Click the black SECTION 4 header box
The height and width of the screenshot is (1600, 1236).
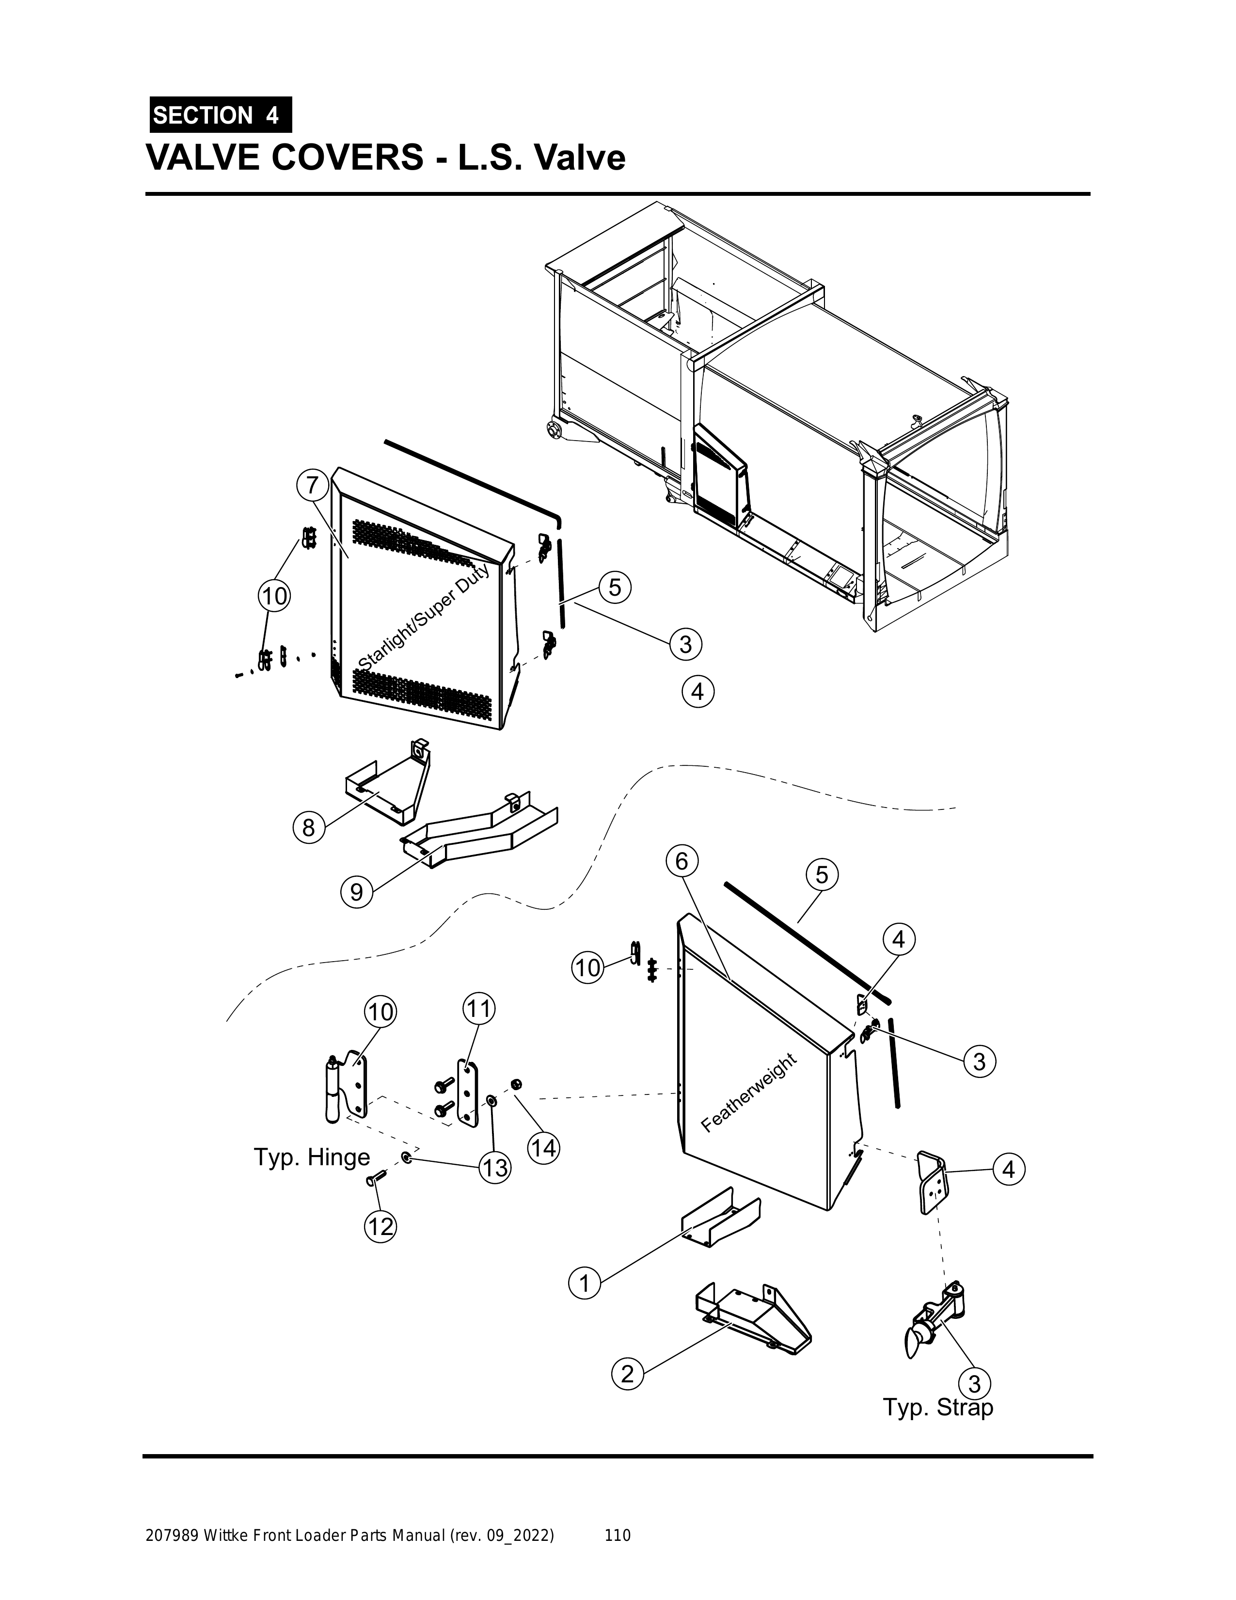click(x=220, y=115)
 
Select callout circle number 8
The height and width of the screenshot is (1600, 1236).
click(x=308, y=828)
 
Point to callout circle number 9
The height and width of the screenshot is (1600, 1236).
click(x=357, y=892)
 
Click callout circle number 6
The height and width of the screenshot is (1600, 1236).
click(x=682, y=861)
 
